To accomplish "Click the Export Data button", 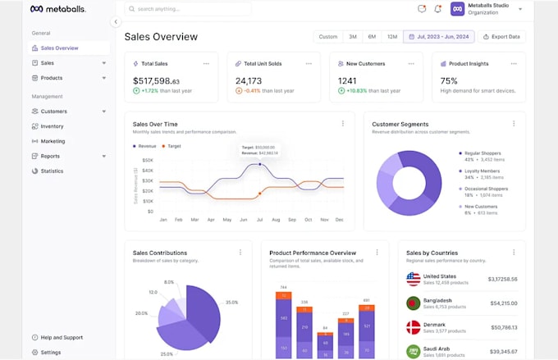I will click(x=502, y=37).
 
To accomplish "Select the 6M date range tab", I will click(x=372, y=37).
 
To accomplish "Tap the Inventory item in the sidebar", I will click(x=52, y=126).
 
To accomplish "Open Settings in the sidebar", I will click(x=50, y=352).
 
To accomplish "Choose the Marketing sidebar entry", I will click(x=53, y=141).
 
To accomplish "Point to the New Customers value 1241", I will click(x=347, y=81).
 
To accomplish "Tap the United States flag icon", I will click(x=414, y=279).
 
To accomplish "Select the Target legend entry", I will click(x=172, y=146).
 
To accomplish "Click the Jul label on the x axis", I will click(x=259, y=220).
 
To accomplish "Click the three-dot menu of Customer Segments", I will click(x=515, y=124).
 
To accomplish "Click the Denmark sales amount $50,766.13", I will click(x=501, y=327).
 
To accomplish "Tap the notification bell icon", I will click(x=437, y=9).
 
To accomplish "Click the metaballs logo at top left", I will click(x=57, y=9).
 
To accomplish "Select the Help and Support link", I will click(x=61, y=337).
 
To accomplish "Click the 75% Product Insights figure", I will click(x=449, y=81).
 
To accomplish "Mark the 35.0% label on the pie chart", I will click(x=232, y=303).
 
